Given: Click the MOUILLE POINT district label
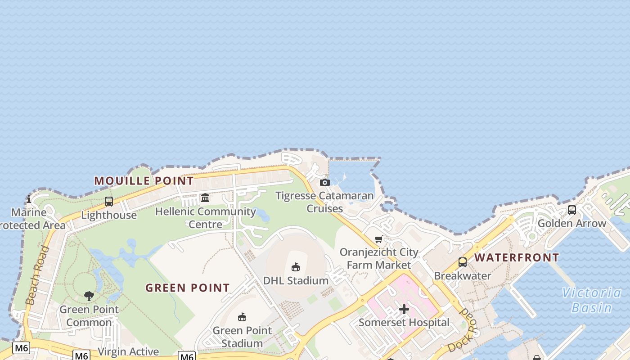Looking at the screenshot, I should click(144, 181).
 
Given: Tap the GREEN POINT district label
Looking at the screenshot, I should click(187, 288).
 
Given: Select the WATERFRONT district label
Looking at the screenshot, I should click(517, 258).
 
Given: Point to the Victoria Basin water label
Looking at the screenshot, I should click(591, 300).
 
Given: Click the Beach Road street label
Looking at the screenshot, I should click(37, 275).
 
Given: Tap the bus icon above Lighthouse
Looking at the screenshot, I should click(108, 202).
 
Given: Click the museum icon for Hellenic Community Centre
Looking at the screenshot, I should click(205, 198).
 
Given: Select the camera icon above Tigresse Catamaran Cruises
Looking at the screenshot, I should click(324, 182).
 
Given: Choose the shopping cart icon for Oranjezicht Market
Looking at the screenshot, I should click(378, 239).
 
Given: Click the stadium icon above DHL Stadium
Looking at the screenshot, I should click(296, 267).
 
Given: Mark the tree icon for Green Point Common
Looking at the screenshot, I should click(89, 296).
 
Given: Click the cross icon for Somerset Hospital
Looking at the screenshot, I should click(404, 309).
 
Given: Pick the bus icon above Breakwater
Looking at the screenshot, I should click(462, 262).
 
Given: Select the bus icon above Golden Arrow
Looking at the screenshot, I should click(571, 210).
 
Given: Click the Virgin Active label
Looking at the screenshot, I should click(128, 351).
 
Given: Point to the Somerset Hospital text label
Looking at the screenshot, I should click(404, 322).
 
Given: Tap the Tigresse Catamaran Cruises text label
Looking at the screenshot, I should click(324, 202).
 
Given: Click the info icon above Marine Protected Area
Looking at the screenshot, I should click(29, 199).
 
